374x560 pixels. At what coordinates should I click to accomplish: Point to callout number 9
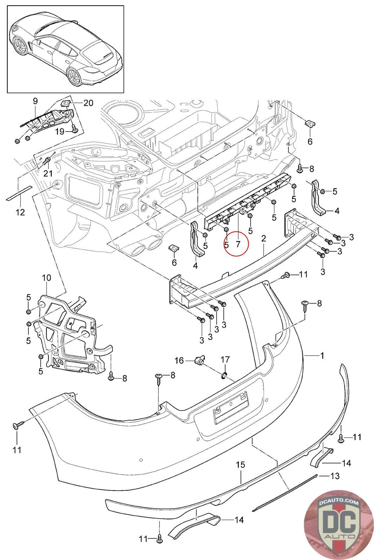click(35, 101)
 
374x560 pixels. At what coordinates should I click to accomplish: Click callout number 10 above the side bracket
click(46, 278)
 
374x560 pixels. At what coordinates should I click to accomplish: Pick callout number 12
click(20, 212)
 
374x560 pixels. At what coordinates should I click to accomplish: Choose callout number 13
click(335, 476)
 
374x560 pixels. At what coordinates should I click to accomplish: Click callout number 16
click(179, 360)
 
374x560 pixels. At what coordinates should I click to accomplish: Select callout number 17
click(225, 359)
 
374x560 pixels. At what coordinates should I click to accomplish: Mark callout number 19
click(60, 131)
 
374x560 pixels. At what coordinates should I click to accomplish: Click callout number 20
click(88, 103)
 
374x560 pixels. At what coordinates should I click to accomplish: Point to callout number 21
click(47, 173)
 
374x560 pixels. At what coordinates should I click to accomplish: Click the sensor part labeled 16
click(199, 360)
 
